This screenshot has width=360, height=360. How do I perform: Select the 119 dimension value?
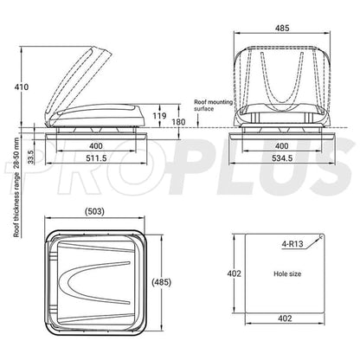tap(157, 115)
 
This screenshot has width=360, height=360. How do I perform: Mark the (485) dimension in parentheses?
tap(172, 282)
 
